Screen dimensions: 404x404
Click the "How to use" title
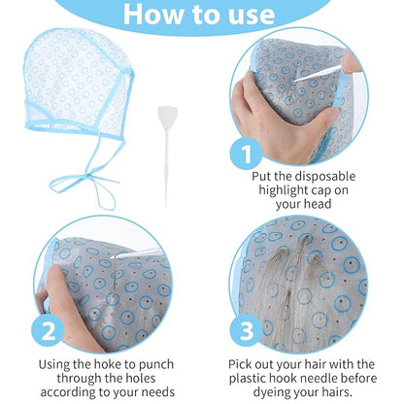[201, 15]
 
